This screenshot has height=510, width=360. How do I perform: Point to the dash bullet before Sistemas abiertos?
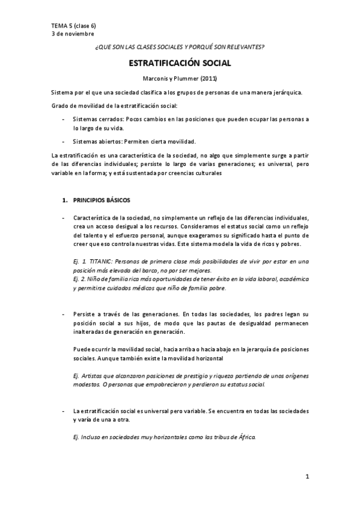click(x=64, y=141)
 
